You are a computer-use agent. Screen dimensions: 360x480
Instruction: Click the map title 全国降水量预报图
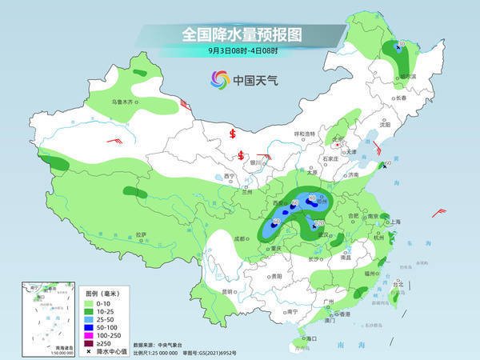pyautogui.click(x=239, y=34)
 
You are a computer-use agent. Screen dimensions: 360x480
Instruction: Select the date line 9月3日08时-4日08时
pyautogui.click(x=239, y=51)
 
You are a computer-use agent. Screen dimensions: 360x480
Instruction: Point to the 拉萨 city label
pyautogui.click(x=141, y=234)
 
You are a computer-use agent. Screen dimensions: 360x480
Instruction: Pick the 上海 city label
pyautogui.click(x=394, y=221)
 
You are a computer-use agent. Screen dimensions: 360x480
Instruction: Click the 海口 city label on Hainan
pyautogui.click(x=310, y=339)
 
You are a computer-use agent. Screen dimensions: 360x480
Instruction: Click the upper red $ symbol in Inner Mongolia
pyautogui.click(x=233, y=133)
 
